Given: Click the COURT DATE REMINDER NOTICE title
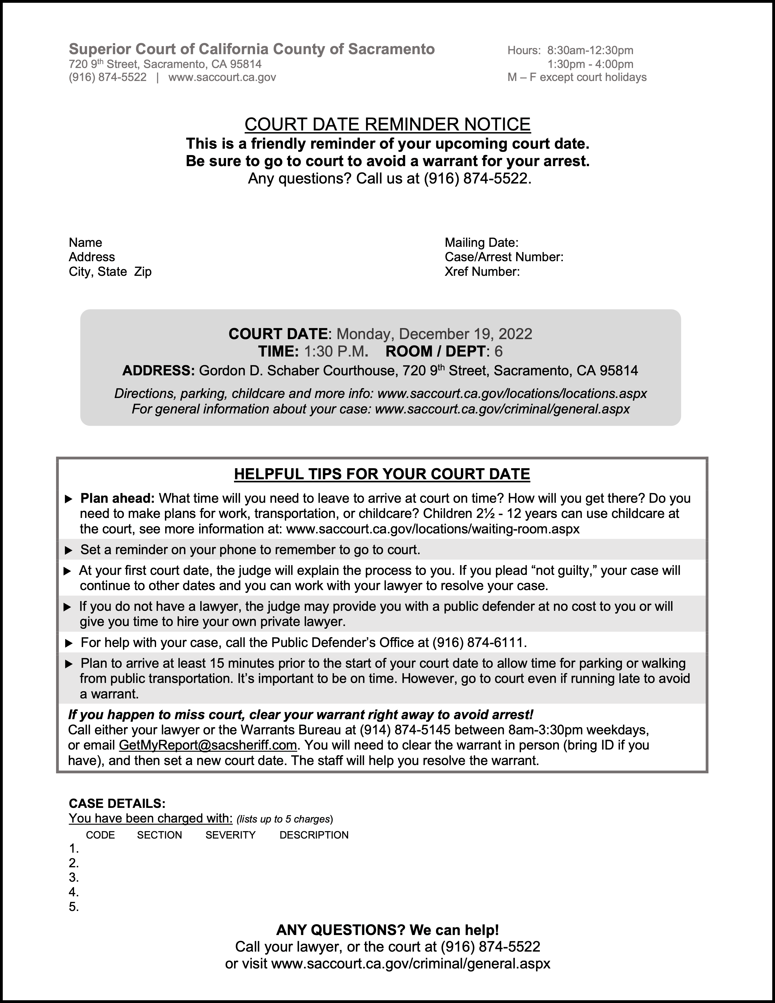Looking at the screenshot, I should pos(387,124).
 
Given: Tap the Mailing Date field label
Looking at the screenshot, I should pos(481,242).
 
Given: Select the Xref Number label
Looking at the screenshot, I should pos(482,272).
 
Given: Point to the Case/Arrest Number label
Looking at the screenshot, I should pos(504,257).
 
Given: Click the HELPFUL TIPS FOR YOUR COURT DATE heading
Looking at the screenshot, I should pos(382,474).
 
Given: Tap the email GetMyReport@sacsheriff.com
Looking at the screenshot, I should pos(207,745).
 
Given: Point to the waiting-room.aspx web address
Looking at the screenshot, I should pos(432,529).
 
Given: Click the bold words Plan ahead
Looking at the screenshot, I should pos(117,498).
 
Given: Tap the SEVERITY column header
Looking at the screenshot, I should pos(230,835).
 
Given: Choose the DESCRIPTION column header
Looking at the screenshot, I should pos(314,835).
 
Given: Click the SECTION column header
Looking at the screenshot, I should pos(159,835).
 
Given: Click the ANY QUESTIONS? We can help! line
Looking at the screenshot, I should pos(387,930).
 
